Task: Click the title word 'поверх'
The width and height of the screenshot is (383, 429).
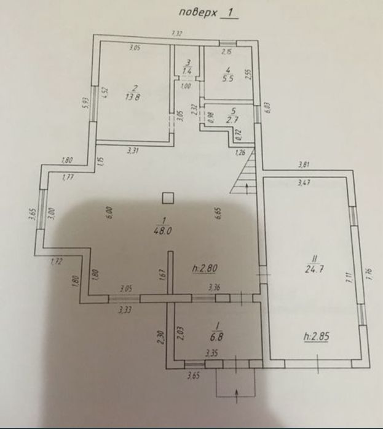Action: pos(195,11)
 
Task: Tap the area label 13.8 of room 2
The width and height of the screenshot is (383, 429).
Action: pos(130,96)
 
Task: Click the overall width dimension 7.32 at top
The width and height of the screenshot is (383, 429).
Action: pos(177,33)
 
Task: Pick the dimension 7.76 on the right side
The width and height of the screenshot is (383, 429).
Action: pos(369,274)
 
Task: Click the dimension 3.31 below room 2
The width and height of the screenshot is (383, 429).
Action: pos(132,150)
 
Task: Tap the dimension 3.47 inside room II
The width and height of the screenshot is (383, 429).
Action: pos(302,183)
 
